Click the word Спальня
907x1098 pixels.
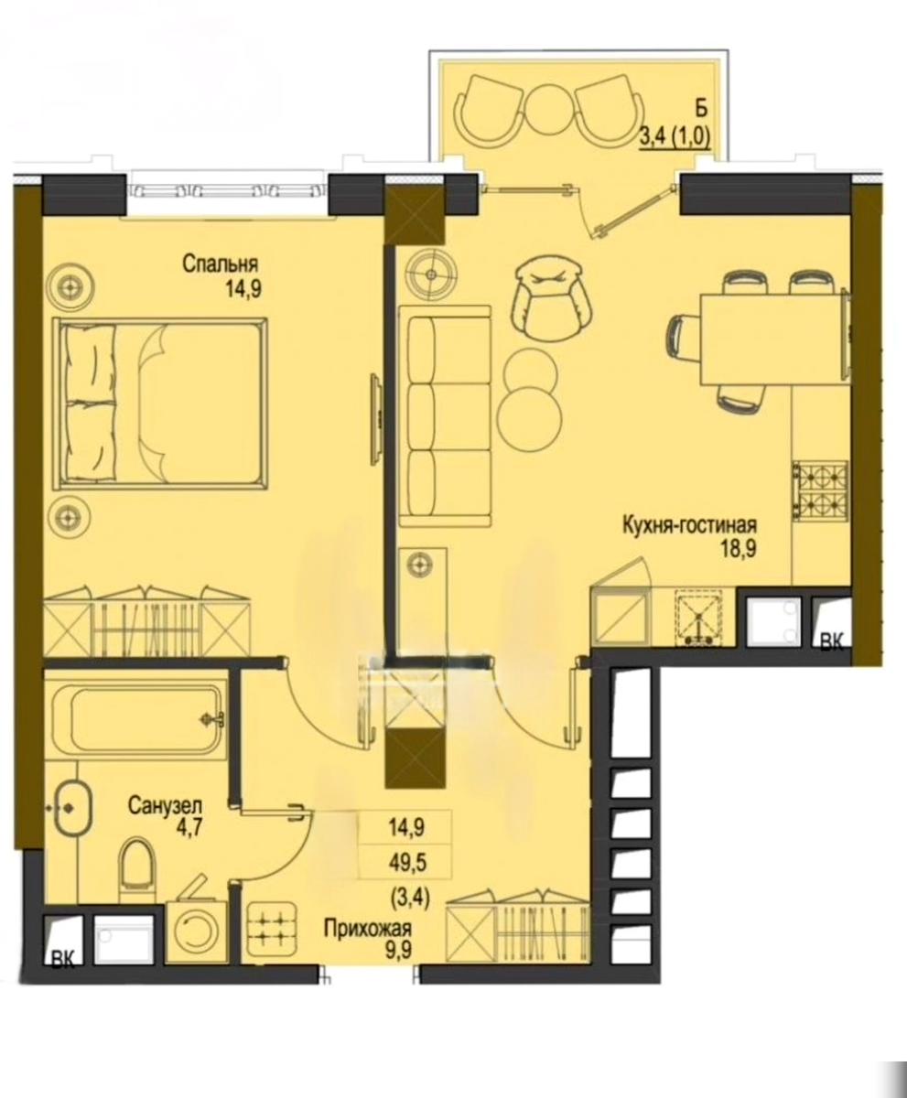[220, 264]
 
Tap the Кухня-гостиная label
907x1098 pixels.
[690, 525]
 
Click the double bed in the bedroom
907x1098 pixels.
[160, 401]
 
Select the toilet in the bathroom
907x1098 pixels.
[138, 875]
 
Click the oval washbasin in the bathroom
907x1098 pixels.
[73, 823]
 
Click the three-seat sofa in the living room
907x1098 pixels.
[445, 416]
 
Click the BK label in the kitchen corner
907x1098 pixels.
[833, 641]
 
